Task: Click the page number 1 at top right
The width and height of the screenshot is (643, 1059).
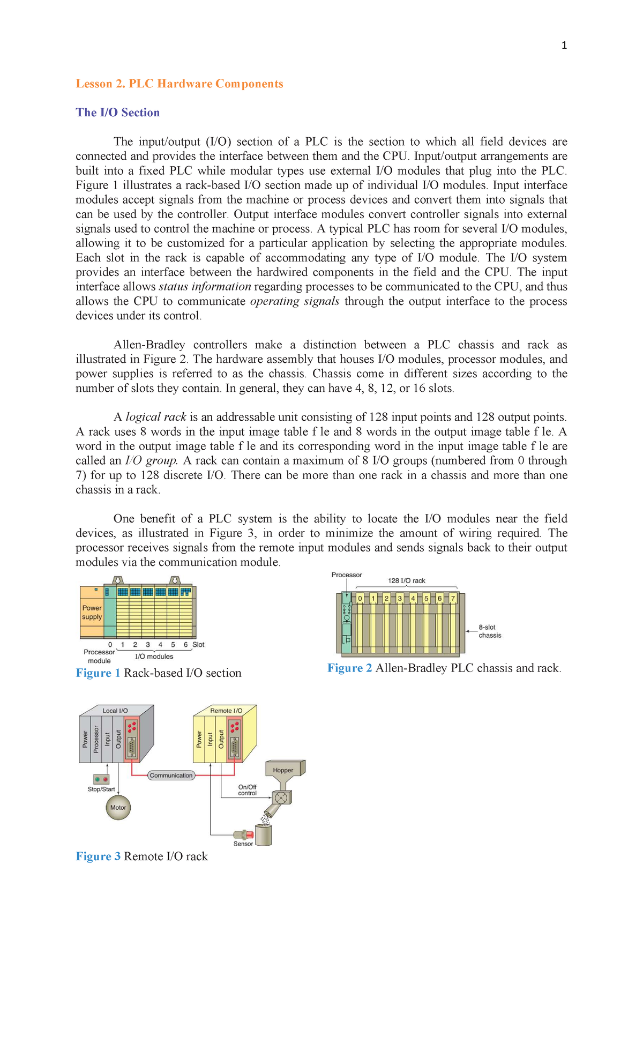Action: (564, 46)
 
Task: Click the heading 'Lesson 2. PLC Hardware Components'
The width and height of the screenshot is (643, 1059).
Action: (180, 84)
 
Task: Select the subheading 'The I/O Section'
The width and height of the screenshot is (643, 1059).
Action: (118, 113)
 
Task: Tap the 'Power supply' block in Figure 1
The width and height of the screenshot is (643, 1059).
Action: (92, 612)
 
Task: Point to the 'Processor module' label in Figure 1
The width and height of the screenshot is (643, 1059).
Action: (99, 657)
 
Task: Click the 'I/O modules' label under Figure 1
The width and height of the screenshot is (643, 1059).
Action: (154, 657)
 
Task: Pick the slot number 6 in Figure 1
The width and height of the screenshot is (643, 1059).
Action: (185, 645)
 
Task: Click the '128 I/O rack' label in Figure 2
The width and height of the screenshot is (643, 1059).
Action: (406, 580)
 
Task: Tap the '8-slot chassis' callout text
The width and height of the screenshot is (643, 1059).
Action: (490, 631)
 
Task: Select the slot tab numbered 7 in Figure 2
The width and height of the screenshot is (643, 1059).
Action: (453, 598)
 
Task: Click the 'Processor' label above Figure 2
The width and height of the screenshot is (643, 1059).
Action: (347, 575)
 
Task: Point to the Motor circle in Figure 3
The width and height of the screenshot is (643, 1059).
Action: (118, 808)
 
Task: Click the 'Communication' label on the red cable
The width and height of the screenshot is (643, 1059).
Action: (171, 775)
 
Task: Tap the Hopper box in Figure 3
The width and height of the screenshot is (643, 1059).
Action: (283, 770)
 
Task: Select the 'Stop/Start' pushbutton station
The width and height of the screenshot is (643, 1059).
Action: (101, 779)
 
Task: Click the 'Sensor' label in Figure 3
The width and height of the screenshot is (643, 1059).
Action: (243, 844)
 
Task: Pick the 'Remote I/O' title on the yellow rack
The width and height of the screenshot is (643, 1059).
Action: (226, 711)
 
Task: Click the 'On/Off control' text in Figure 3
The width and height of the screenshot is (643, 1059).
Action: (247, 790)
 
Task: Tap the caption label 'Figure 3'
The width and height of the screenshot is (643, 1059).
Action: (98, 856)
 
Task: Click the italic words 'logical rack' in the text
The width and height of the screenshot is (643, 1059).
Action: (156, 417)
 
